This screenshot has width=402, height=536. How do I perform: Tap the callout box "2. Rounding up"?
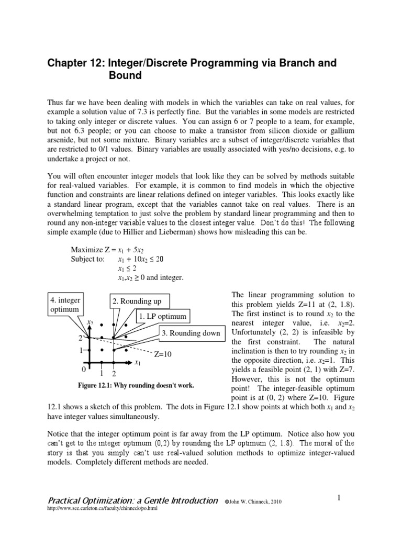[x=136, y=301]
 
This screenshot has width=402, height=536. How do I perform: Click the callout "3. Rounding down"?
[x=191, y=333]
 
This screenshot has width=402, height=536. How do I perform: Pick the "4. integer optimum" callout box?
[x=64, y=304]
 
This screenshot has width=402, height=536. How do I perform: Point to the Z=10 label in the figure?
[x=163, y=354]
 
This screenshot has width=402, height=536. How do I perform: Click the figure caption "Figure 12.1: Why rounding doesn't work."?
[x=135, y=385]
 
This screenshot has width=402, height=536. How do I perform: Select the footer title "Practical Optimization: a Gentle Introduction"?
[x=132, y=500]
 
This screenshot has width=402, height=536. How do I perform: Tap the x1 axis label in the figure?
[x=138, y=362]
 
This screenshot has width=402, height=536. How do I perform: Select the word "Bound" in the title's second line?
[x=125, y=76]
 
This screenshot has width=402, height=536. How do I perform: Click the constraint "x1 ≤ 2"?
[x=127, y=268]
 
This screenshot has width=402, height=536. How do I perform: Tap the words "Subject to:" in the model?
[x=87, y=259]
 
